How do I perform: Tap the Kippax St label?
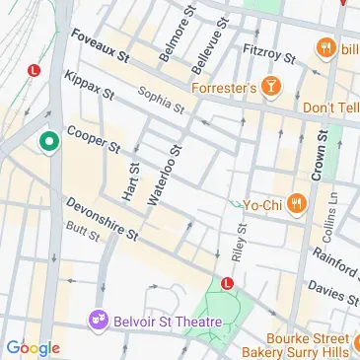pyautogui.click(x=88, y=86)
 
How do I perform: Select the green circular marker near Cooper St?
pyautogui.click(x=45, y=143)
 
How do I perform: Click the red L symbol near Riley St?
pyautogui.click(x=228, y=283)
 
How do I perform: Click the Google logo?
pyautogui.click(x=33, y=347)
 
